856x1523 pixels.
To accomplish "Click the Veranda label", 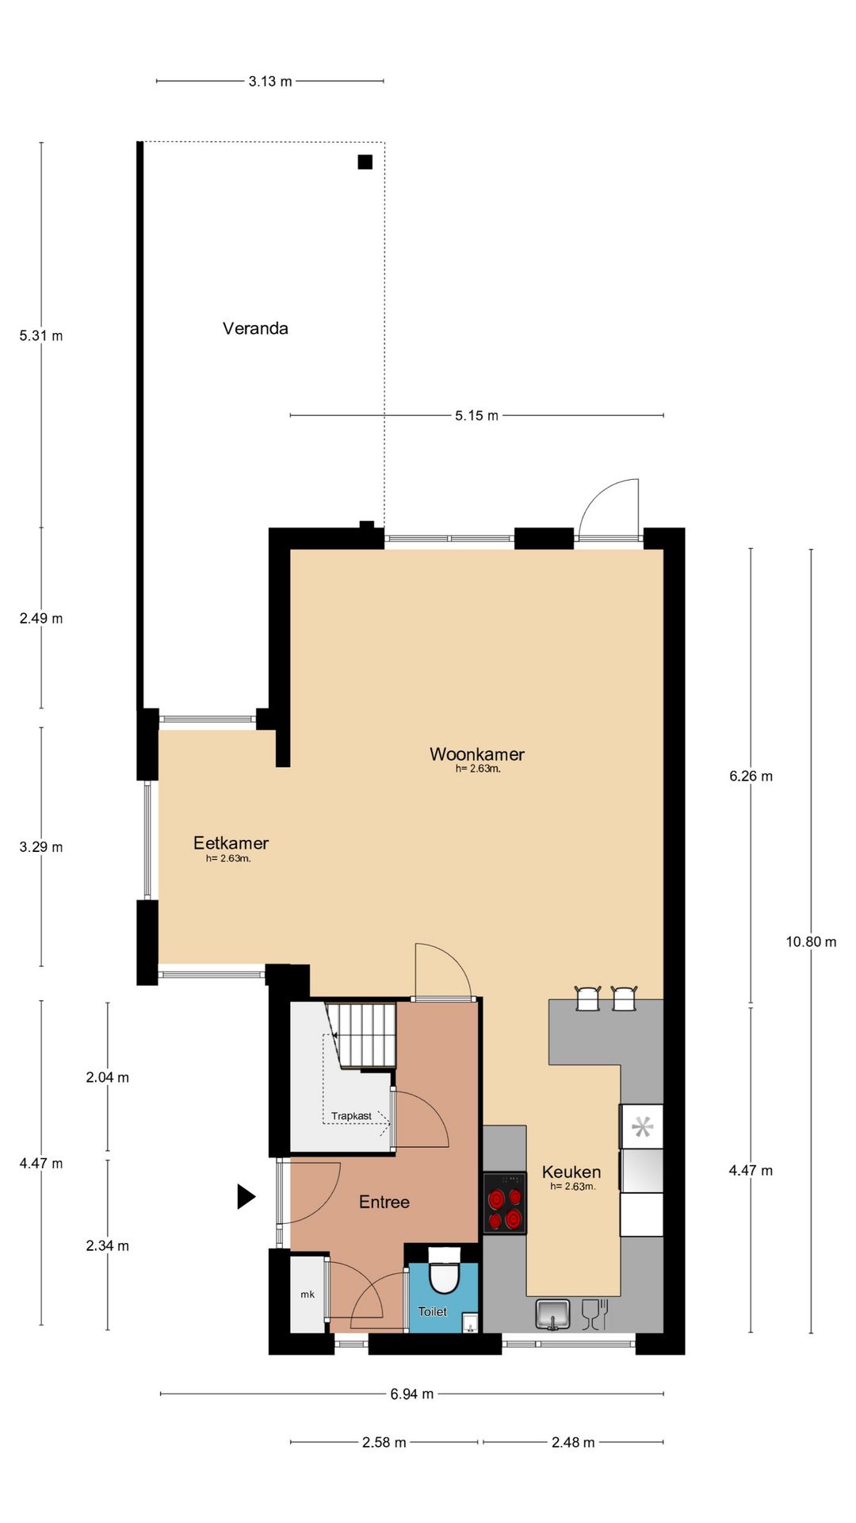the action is pos(255,328).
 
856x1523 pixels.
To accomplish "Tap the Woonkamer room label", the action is pos(477,754).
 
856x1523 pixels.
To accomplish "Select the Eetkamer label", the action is pos(231,843).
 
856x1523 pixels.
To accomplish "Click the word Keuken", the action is pos(571,1172).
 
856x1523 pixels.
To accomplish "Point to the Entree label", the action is pos(384,1202).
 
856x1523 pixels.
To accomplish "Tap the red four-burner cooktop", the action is pos(505,1203).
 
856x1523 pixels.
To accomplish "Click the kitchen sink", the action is pos(552,1314).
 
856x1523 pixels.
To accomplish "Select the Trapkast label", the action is pos(351,1116).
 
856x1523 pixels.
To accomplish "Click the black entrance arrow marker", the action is pos(246,1196).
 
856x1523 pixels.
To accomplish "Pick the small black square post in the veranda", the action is pos(365,162).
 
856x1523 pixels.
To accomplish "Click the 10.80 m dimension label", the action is pos(811,942).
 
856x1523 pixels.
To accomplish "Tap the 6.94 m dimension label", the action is pos(411,1394).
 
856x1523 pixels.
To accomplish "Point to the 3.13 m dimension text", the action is pos(270,81).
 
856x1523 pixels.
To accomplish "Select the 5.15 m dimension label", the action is pos(476,416).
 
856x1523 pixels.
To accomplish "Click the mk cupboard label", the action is pos(308,1295).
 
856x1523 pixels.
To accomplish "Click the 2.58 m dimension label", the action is pos(384,1442).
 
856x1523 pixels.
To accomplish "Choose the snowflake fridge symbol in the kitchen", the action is pos(642,1126).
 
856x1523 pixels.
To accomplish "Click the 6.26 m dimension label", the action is pos(751,777).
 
